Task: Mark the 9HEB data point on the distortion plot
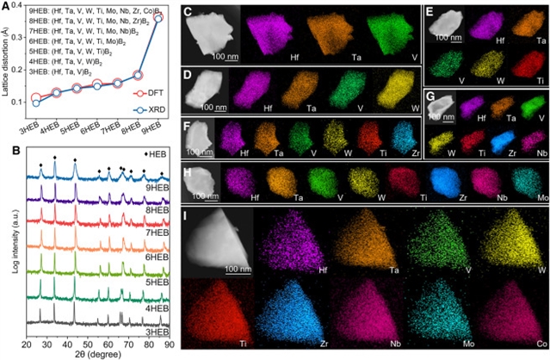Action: pos(158,17)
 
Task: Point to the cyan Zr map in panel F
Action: pos(398,140)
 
